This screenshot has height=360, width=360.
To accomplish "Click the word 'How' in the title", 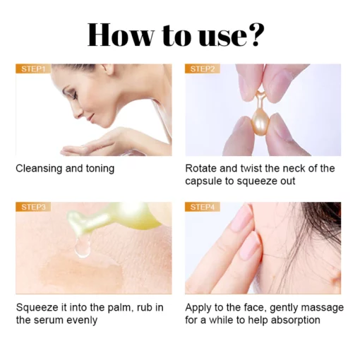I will (x=121, y=35).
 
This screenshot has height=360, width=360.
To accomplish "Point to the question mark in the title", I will (x=256, y=35).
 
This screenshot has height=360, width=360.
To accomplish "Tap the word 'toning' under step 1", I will (x=99, y=169).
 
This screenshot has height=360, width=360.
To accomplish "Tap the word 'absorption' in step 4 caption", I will (x=292, y=320).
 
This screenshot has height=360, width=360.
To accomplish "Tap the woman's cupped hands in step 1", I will (x=85, y=148).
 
